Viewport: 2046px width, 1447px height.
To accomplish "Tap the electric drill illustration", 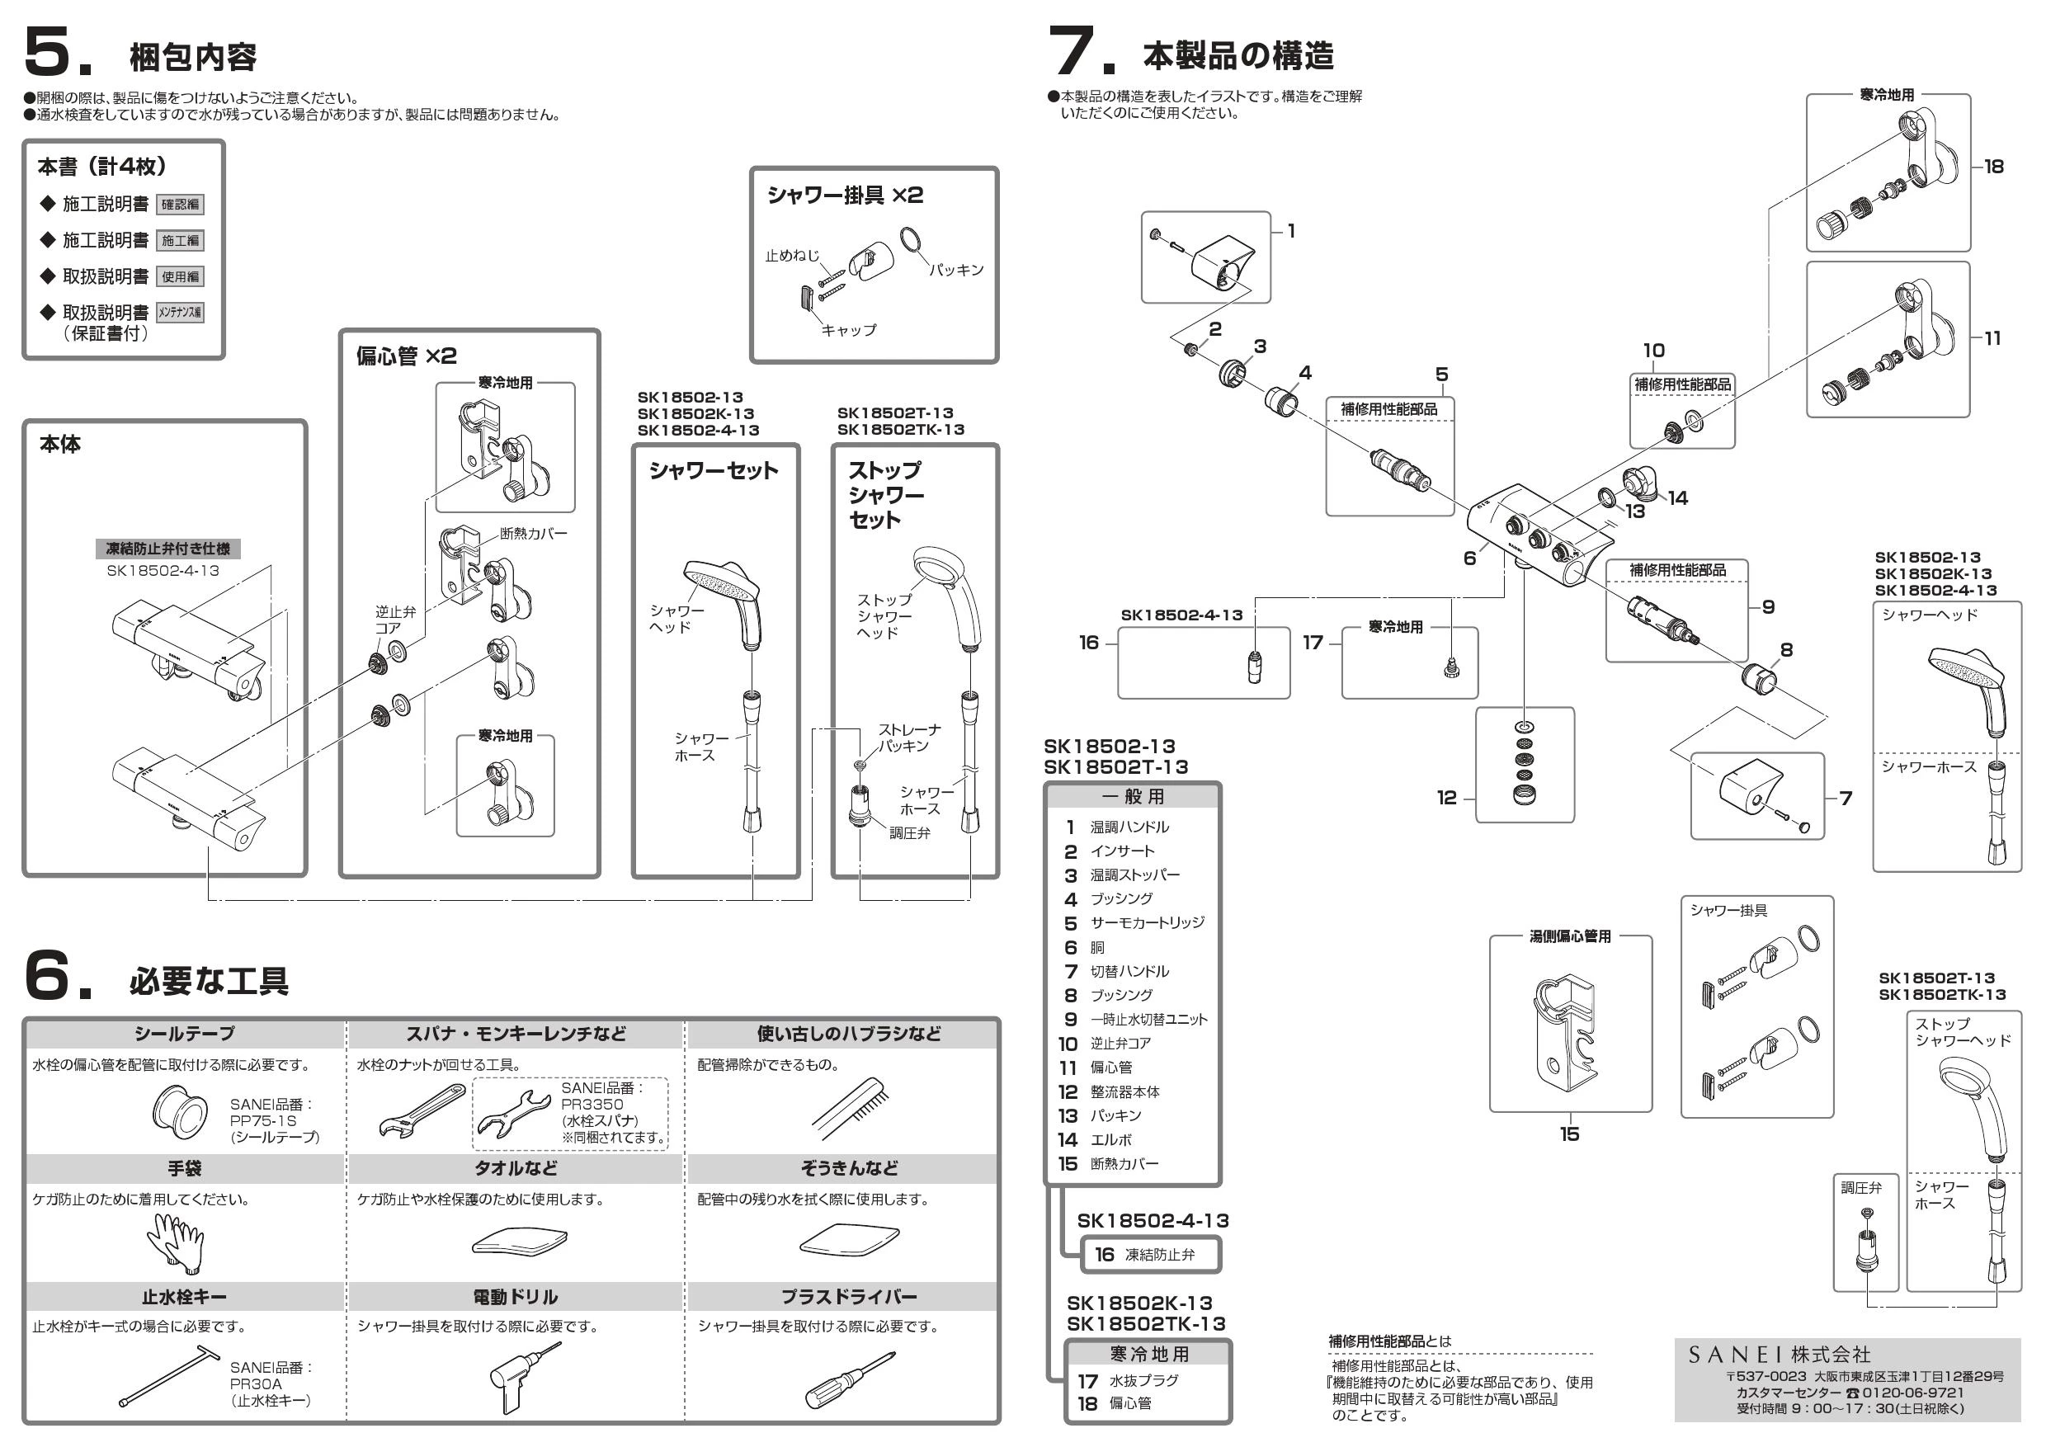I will (521, 1378).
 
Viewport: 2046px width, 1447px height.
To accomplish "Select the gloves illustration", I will (176, 1242).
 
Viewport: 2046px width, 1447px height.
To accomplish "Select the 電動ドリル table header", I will (515, 1296).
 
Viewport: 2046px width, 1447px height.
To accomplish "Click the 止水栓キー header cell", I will (184, 1296).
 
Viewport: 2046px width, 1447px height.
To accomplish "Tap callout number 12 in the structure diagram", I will (1446, 798).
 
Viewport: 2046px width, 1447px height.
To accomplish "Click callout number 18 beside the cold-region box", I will (1993, 167).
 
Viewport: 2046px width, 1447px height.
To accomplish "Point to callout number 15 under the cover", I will (1569, 1134).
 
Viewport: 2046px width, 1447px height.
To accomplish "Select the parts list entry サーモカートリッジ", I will (1147, 922).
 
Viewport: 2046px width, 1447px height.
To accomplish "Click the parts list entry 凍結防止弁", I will (1159, 1255).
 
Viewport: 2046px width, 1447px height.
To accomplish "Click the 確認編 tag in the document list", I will (180, 204).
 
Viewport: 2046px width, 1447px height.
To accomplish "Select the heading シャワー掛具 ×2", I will (845, 196).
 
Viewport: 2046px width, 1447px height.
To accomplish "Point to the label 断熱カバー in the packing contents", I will (533, 533).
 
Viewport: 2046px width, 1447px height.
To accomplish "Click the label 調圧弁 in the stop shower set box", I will (909, 833).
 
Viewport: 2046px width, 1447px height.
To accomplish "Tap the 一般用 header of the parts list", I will (1133, 795).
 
